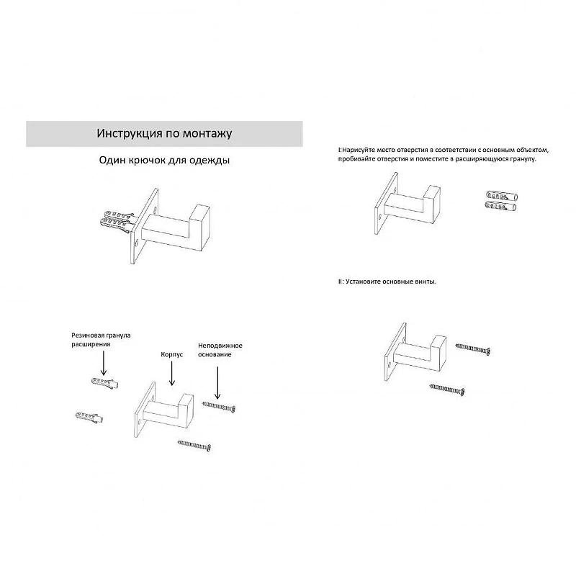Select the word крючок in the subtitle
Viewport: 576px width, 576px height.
pyautogui.click(x=146, y=160)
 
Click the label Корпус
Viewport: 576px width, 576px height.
pyautogui.click(x=172, y=355)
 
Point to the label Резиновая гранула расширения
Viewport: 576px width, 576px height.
pyautogui.click(x=101, y=340)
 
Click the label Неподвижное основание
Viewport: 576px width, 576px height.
pyautogui.click(x=220, y=350)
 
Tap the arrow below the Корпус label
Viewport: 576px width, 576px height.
pyautogui.click(x=172, y=373)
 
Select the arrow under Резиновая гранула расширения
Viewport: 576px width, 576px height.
pyautogui.click(x=104, y=363)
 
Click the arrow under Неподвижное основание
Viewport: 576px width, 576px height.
pyautogui.click(x=217, y=383)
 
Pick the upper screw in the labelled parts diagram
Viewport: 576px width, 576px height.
pyautogui.click(x=219, y=406)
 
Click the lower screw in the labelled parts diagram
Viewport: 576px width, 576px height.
pyautogui.click(x=194, y=445)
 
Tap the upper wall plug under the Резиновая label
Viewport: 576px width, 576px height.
pyautogui.click(x=105, y=382)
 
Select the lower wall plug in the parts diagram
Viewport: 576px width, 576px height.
pyautogui.click(x=89, y=418)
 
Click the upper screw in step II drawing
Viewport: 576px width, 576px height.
pyautogui.click(x=473, y=348)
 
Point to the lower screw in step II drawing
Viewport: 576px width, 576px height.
pyautogui.click(x=447, y=389)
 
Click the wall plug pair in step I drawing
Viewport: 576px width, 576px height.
pyautogui.click(x=501, y=201)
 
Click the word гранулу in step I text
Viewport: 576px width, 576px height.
pyautogui.click(x=523, y=159)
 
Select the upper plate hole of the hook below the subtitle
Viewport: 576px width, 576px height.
pyautogui.click(x=155, y=211)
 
